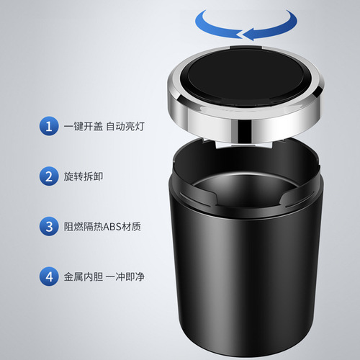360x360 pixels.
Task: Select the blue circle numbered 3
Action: [x=48, y=226]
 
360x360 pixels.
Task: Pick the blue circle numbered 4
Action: [x=48, y=276]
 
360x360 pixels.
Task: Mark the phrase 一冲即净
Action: [x=125, y=276]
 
